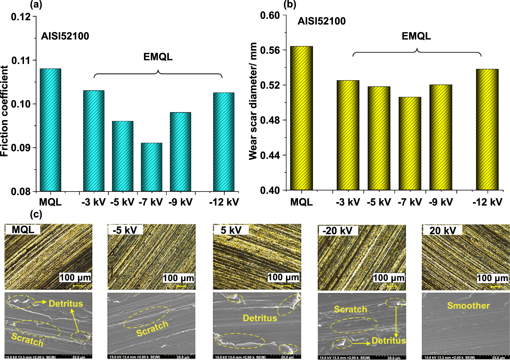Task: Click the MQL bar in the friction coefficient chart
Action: point(50,130)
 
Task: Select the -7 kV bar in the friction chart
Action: point(151,167)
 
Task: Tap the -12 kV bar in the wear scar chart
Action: point(487,129)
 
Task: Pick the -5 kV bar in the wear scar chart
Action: point(379,138)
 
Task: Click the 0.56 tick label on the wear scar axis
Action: point(270,50)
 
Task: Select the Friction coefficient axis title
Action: point(5,111)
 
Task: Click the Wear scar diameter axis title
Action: point(253,101)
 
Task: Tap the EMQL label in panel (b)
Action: point(416,36)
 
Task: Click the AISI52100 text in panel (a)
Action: point(65,36)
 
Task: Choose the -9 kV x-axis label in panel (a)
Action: point(181,202)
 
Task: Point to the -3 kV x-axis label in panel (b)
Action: point(348,202)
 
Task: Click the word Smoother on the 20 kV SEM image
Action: point(468,305)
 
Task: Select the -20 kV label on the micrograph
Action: point(337,231)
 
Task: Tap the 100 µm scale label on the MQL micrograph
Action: point(75,277)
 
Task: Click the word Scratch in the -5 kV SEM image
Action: point(152,328)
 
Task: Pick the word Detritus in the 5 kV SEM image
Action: point(260,318)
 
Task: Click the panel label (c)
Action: point(36,214)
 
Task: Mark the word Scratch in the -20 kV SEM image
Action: point(350,309)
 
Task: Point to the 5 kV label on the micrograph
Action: point(231,230)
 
